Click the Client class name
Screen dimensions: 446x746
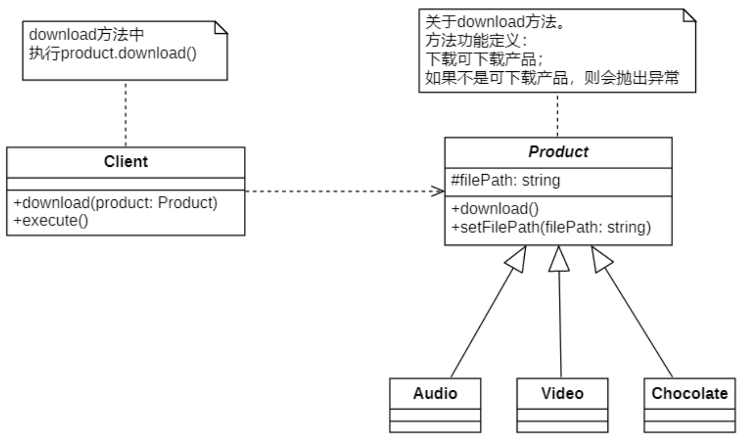[126, 162]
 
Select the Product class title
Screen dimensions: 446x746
[558, 152]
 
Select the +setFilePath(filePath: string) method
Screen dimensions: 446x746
[551, 227]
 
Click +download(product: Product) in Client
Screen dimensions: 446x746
[115, 202]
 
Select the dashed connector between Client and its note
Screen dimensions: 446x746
[126, 112]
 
